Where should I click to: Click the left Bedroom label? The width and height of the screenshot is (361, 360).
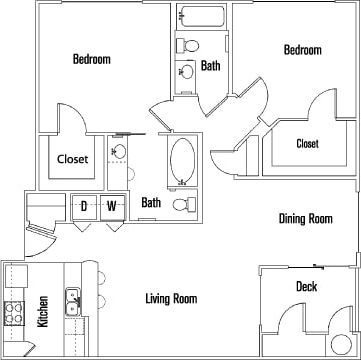tap(91, 59)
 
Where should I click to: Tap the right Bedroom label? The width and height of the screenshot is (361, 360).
tap(302, 50)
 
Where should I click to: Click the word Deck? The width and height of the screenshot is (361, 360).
tap(306, 287)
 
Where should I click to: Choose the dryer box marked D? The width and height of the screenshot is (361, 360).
tap(85, 206)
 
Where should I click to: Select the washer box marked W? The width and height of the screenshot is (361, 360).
tap(112, 206)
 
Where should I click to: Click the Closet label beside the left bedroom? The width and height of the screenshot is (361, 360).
tap(72, 159)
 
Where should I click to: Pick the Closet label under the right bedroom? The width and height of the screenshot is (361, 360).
tap(307, 143)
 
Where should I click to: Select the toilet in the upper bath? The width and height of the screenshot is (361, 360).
tap(187, 44)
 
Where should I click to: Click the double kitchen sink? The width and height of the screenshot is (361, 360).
tap(72, 271)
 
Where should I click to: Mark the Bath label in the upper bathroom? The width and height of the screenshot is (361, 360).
tap(210, 67)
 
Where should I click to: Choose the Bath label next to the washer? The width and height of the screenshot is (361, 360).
tap(150, 203)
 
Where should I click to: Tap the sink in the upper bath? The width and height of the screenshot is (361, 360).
tap(186, 72)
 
